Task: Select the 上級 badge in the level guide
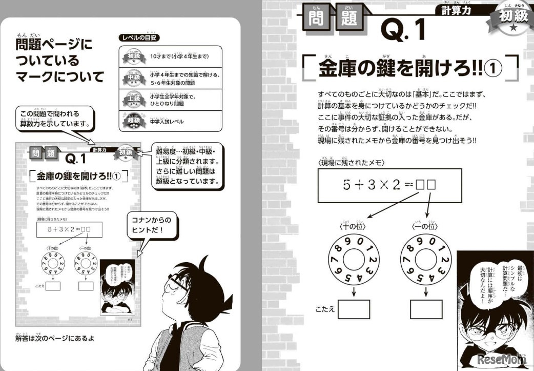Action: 132,99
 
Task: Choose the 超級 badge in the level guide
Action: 132,121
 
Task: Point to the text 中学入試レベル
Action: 167,122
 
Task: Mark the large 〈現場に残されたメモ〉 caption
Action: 352,162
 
